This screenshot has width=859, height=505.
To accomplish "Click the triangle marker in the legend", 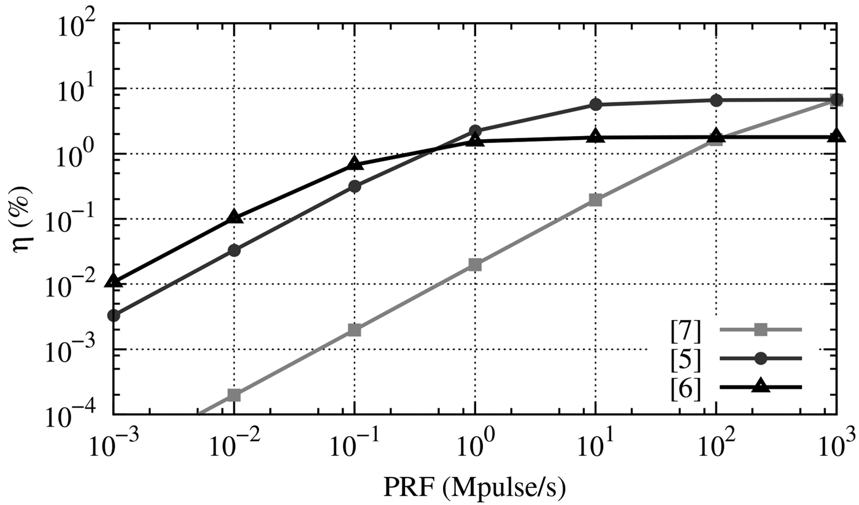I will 761,386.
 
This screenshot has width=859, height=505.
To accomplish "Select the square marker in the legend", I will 761,330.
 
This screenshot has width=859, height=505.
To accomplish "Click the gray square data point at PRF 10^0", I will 475,265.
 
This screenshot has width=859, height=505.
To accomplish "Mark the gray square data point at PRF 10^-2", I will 234,395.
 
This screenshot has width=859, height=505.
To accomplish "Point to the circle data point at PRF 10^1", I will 595,105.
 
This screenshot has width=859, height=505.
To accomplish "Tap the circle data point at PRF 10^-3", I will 114,316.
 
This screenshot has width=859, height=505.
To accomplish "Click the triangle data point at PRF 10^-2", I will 234,217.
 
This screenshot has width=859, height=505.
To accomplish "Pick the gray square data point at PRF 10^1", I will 595,200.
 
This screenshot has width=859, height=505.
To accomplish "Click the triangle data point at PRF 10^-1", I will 354,163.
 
